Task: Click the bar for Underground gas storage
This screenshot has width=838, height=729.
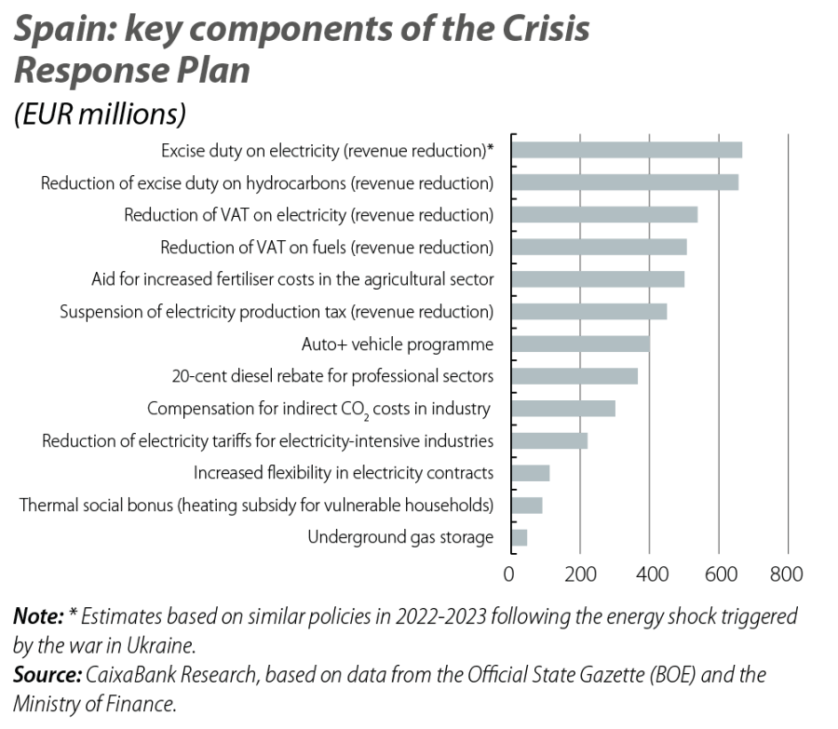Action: pyautogui.click(x=520, y=537)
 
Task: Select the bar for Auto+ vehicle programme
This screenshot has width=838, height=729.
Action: pyautogui.click(x=580, y=344)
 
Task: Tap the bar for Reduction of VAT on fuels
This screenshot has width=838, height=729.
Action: pyautogui.click(x=599, y=247)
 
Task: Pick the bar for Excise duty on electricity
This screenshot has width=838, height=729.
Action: pyautogui.click(x=627, y=150)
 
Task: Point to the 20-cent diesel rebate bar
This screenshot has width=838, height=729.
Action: pyautogui.click(x=574, y=376)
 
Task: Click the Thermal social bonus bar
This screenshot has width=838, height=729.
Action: pyautogui.click(x=527, y=505)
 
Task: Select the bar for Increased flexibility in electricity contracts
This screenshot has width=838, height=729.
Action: pyautogui.click(x=531, y=473)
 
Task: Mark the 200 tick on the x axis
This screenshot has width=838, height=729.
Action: pyautogui.click(x=580, y=574)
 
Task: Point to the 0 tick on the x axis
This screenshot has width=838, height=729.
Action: pyautogui.click(x=510, y=574)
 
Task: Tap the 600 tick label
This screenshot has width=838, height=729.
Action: pyautogui.click(x=718, y=574)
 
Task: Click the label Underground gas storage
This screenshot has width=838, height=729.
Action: pyautogui.click(x=400, y=537)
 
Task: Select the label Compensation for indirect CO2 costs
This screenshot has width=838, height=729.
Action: pyautogui.click(x=319, y=409)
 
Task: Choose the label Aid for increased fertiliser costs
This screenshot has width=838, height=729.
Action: pyautogui.click(x=292, y=279)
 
